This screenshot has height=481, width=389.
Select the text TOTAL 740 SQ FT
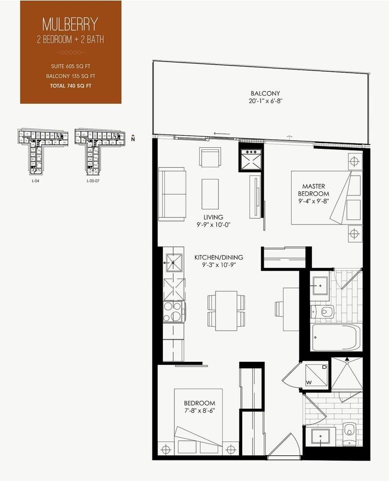tap(70, 86)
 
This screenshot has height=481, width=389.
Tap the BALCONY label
tap(265, 93)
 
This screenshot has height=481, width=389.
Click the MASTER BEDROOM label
tap(313, 190)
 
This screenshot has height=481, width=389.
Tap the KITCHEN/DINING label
tap(215, 258)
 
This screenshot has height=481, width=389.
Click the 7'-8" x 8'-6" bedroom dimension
tap(200, 411)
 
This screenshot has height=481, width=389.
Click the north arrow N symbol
tap(132, 139)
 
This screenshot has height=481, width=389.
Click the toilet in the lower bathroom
tap(349, 429)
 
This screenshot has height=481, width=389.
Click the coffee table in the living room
tap(210, 194)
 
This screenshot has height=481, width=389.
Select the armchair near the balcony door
tap(209, 157)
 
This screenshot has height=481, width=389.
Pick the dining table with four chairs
tap(226, 311)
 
